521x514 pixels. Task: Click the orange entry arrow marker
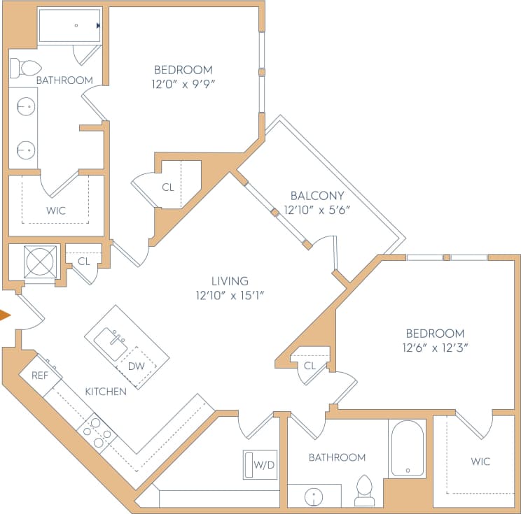[5, 315]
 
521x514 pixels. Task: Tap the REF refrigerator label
[40, 376]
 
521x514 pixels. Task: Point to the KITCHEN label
[106, 392]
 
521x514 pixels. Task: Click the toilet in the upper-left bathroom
[26, 68]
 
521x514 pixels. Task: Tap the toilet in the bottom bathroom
[364, 490]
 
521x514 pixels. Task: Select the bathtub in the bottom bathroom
[407, 448]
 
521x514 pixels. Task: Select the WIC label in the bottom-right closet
[480, 462]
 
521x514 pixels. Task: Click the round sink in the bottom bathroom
[314, 497]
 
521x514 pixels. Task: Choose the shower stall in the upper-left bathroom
[69, 25]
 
